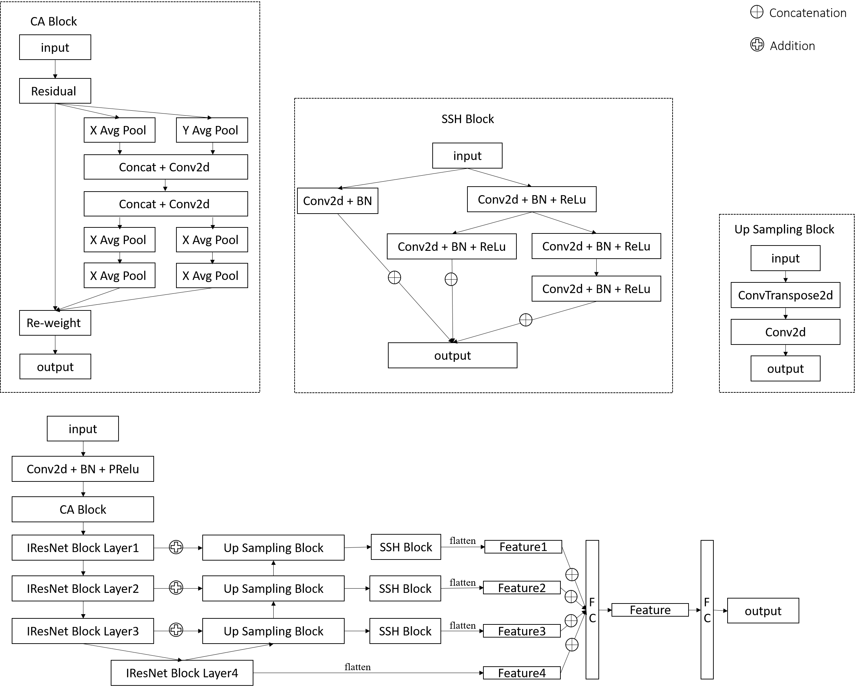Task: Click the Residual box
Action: click(x=55, y=91)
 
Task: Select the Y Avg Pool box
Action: click(x=212, y=130)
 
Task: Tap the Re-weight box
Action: click(x=55, y=323)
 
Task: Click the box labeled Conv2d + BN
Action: click(x=338, y=201)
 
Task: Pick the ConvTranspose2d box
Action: click(x=785, y=295)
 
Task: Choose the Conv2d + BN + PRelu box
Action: click(x=83, y=469)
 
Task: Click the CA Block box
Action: click(x=83, y=509)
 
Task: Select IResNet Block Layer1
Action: click(x=83, y=548)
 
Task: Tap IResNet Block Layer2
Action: click(x=83, y=588)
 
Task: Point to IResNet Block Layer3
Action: click(x=83, y=631)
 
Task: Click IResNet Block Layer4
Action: click(x=182, y=673)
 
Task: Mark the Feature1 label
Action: click(x=523, y=546)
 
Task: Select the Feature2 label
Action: click(x=522, y=588)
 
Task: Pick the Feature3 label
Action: click(x=522, y=631)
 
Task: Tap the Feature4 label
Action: click(x=522, y=673)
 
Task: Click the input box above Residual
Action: click(x=55, y=47)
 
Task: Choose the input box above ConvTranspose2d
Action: click(x=785, y=258)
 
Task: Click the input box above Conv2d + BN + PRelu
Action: click(x=83, y=429)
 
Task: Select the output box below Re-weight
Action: click(x=55, y=367)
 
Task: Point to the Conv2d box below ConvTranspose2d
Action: click(x=785, y=332)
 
